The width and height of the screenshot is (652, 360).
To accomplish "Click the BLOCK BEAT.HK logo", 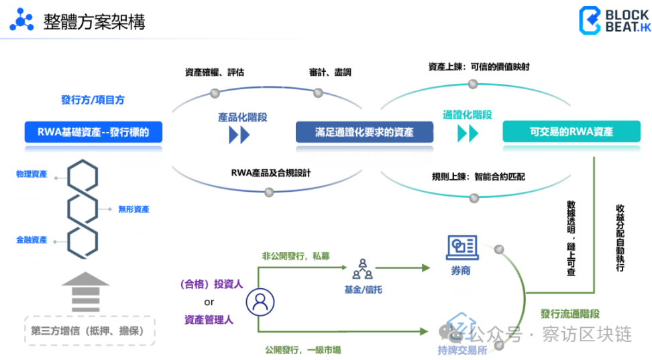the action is (x=615, y=20).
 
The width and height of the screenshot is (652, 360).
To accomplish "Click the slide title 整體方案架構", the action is (x=95, y=21).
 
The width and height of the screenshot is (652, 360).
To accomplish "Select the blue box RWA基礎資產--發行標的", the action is (x=93, y=132).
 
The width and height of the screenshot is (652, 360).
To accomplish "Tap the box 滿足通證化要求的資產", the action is (x=364, y=132).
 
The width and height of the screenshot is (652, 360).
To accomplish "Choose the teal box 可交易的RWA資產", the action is (x=572, y=132).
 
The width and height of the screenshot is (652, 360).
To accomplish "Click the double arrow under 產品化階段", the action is (x=239, y=135).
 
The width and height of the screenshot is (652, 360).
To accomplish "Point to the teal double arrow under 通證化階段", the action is (x=468, y=133).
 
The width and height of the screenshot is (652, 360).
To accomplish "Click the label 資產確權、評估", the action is (x=215, y=72).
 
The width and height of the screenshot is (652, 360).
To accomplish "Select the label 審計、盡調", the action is (x=330, y=72).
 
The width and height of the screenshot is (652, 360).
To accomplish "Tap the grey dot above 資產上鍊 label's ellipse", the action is (x=473, y=84).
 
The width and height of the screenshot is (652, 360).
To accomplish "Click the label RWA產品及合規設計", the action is (x=271, y=173).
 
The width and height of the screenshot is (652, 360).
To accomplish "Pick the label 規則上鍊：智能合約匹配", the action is (x=478, y=177).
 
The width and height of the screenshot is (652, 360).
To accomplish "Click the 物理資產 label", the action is (x=32, y=174).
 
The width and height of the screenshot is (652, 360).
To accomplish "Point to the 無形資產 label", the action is (x=134, y=209).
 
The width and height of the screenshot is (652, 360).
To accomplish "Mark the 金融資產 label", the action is (x=32, y=240).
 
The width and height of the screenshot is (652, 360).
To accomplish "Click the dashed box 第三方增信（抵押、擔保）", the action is (x=90, y=331).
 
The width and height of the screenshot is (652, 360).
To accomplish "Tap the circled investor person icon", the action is (x=260, y=302).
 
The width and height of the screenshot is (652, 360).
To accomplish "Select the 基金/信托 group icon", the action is (x=363, y=269).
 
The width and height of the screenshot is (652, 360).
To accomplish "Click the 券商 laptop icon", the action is (x=462, y=248).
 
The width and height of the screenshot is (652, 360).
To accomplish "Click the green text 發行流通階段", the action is (x=570, y=314).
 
